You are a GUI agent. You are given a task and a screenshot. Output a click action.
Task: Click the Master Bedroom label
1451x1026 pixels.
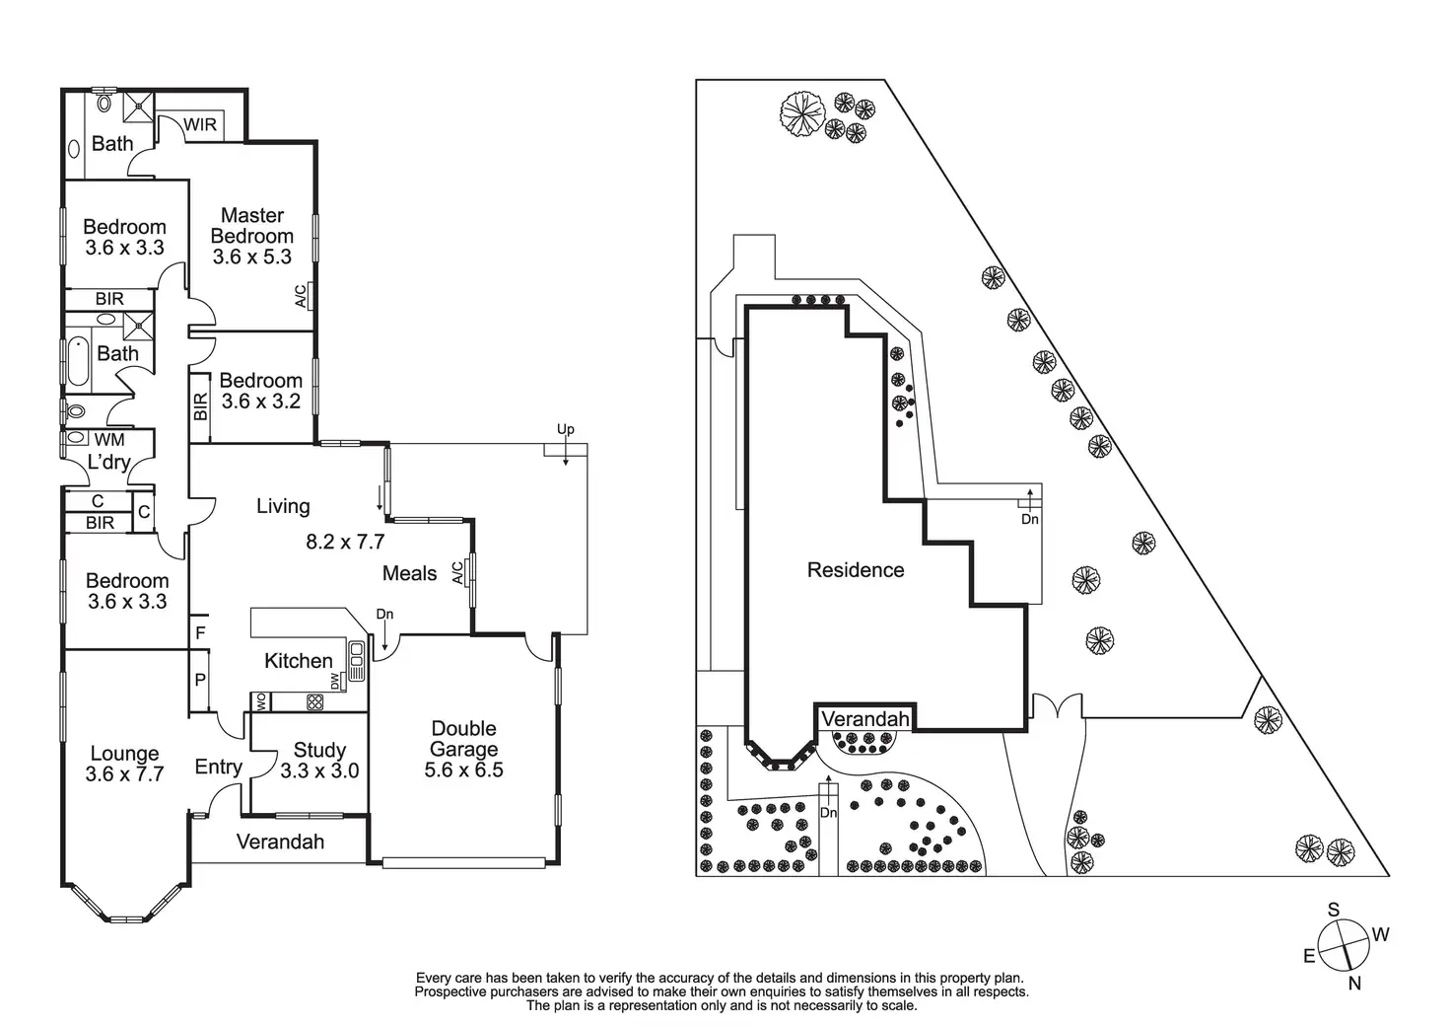pyautogui.click(x=252, y=225)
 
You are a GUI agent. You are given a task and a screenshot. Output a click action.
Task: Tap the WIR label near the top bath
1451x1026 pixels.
pyautogui.click(x=200, y=125)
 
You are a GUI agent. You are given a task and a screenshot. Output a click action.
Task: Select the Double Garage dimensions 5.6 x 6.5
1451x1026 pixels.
pyautogui.click(x=463, y=770)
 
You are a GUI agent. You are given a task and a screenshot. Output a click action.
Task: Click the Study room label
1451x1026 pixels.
pyautogui.click(x=319, y=750)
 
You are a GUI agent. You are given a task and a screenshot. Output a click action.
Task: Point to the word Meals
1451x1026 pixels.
pyautogui.click(x=409, y=573)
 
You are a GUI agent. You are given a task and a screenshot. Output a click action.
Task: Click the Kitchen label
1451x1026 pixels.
pyautogui.click(x=299, y=661)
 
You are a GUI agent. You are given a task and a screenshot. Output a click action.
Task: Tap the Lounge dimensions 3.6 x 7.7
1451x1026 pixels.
pyautogui.click(x=124, y=774)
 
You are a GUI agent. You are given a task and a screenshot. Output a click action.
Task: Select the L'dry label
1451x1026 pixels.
pyautogui.click(x=108, y=462)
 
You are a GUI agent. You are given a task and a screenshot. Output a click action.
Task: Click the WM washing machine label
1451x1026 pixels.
pyautogui.click(x=109, y=439)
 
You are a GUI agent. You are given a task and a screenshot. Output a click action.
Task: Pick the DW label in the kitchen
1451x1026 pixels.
pyautogui.click(x=336, y=681)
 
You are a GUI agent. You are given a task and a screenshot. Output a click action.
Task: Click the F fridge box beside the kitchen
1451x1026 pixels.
pyautogui.click(x=200, y=632)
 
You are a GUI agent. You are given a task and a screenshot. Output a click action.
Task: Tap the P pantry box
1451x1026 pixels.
pyautogui.click(x=200, y=680)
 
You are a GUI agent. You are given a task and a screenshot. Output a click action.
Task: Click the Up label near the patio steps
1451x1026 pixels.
pyautogui.click(x=565, y=429)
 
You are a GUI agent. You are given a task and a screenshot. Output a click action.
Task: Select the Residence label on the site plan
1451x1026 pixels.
pyautogui.click(x=855, y=570)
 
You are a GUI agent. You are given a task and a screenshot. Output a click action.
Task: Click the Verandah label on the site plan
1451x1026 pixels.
pyautogui.click(x=864, y=719)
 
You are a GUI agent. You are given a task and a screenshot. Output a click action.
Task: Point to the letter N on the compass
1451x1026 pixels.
pyautogui.click(x=1354, y=983)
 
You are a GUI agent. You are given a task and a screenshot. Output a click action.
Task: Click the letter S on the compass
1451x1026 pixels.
pyautogui.click(x=1333, y=910)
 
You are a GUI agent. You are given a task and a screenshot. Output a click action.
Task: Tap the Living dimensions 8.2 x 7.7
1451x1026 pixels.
pyautogui.click(x=345, y=542)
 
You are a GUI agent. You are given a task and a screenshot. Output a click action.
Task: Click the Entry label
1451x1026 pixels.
pyautogui.click(x=218, y=767)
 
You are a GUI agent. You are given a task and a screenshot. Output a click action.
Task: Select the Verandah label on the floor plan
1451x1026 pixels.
pyautogui.click(x=280, y=842)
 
